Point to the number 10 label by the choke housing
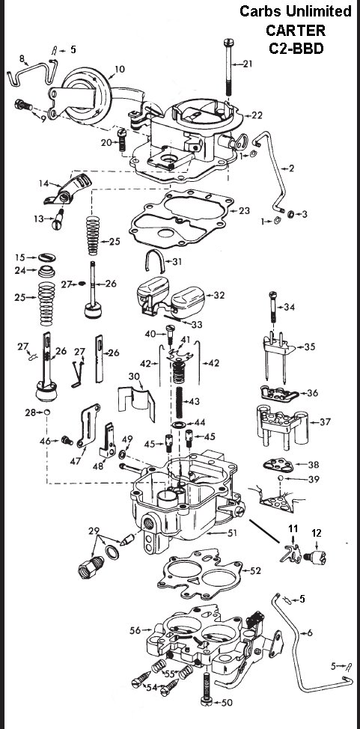click(x=119, y=71)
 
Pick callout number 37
click(x=324, y=422)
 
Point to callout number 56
click(x=135, y=631)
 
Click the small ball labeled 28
click(x=46, y=412)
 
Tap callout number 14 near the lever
click(x=43, y=183)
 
